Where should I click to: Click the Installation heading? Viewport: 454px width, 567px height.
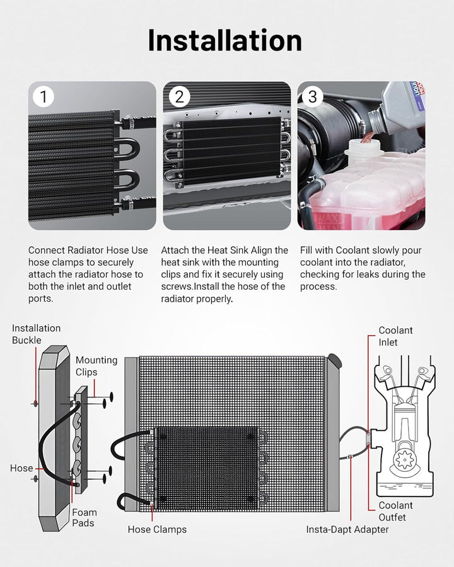click(x=225, y=40)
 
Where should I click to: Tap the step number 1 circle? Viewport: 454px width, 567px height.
click(x=44, y=97)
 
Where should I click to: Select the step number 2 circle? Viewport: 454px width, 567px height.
click(x=179, y=97)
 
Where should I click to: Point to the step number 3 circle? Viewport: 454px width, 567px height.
click(x=313, y=97)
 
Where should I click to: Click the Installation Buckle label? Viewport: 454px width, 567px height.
click(x=36, y=334)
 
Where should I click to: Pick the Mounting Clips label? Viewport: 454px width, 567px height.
click(x=96, y=366)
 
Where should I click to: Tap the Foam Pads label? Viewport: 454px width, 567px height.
click(x=84, y=518)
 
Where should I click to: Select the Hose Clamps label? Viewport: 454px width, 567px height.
click(x=157, y=529)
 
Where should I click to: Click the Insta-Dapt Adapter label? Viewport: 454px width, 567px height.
click(x=347, y=529)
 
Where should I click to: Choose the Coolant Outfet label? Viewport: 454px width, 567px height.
click(x=395, y=512)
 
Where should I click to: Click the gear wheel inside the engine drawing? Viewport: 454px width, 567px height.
click(x=404, y=459)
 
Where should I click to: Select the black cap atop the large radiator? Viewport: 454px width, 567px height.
click(x=334, y=361)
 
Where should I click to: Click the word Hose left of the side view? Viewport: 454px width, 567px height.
click(x=21, y=468)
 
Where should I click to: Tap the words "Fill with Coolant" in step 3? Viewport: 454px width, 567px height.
click(x=335, y=250)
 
